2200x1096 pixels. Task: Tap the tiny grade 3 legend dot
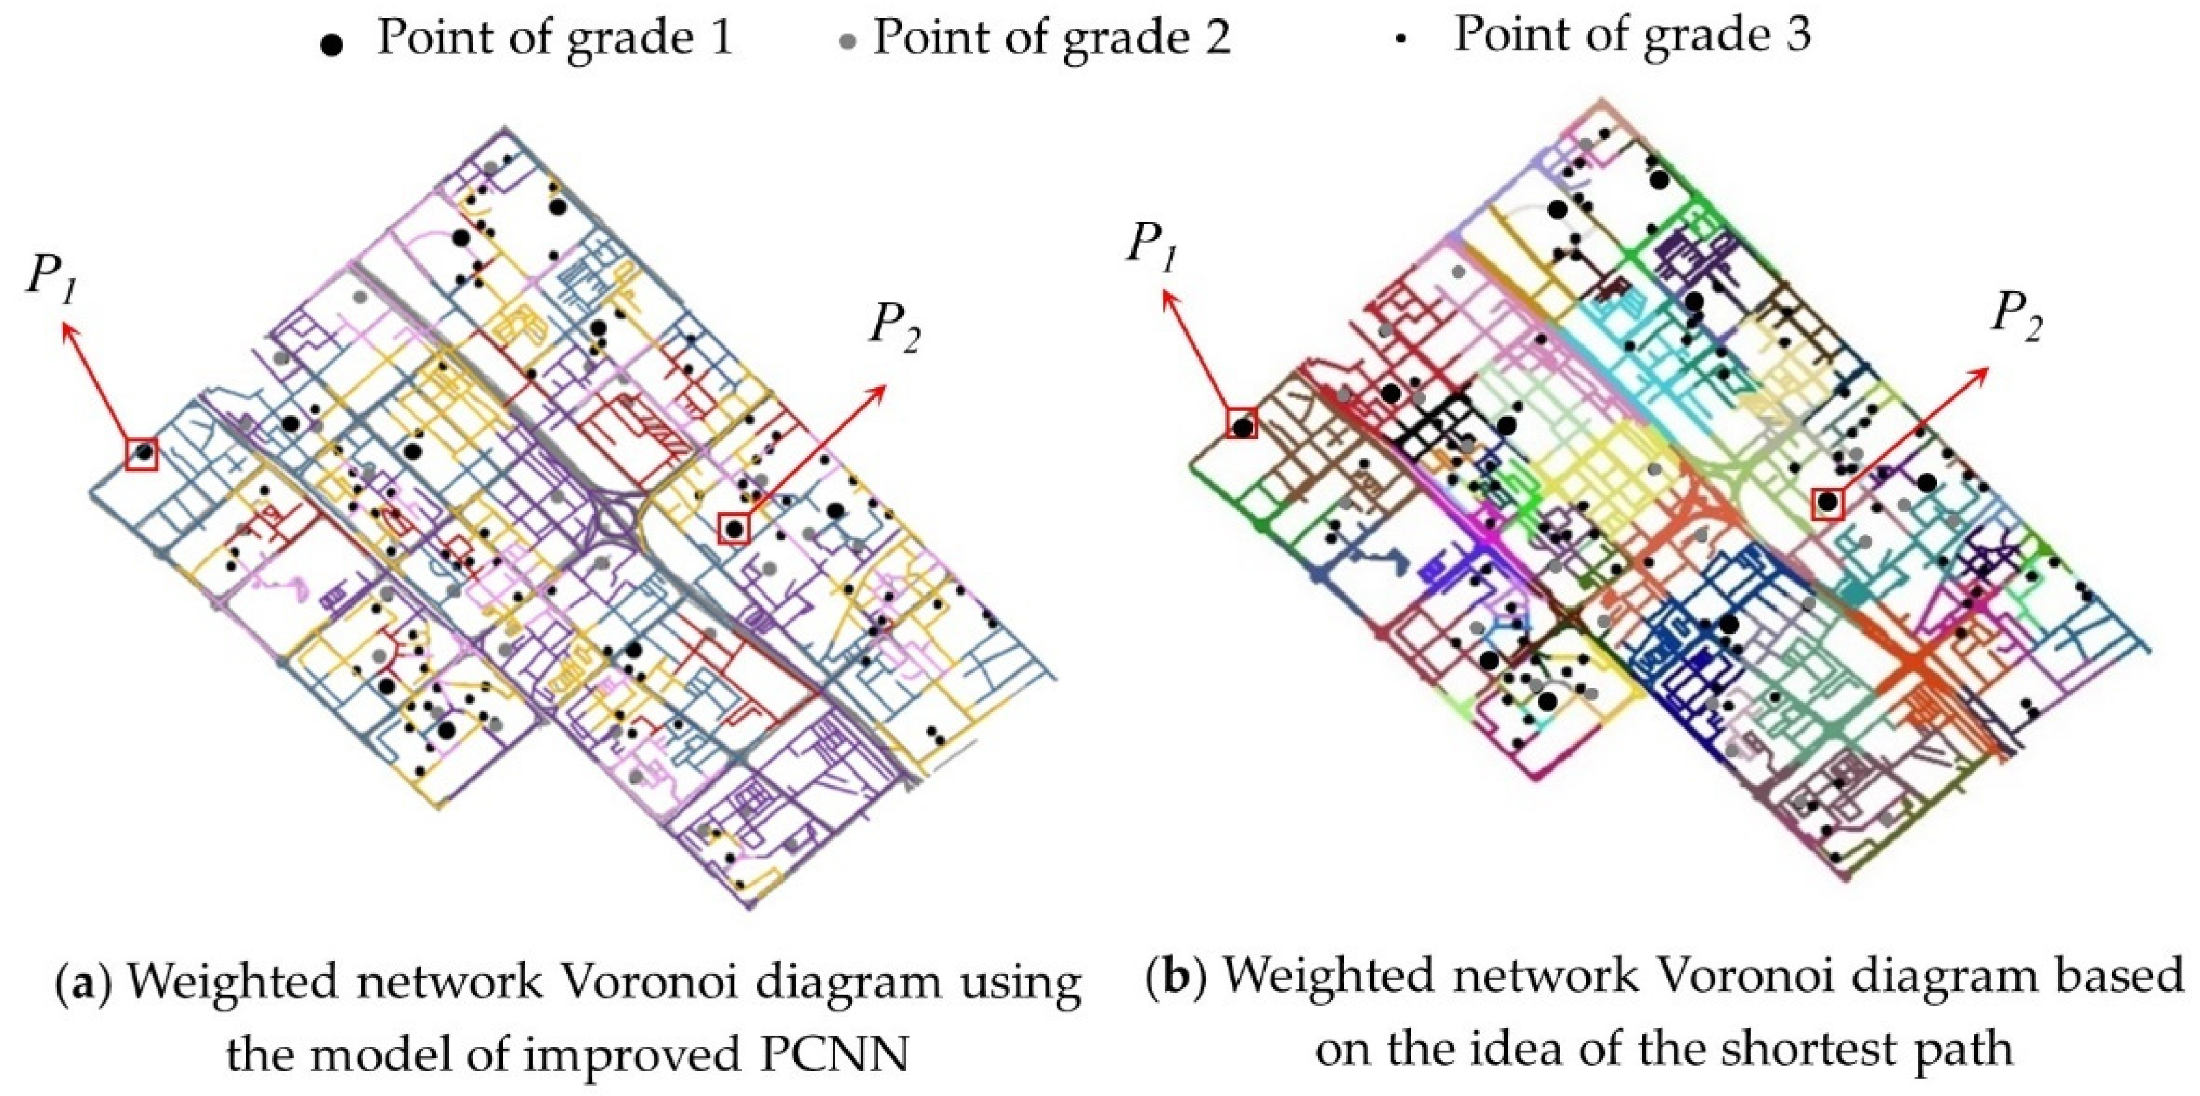click(1400, 40)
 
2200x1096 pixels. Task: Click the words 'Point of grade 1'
click(555, 38)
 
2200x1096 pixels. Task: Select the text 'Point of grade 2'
click(1051, 38)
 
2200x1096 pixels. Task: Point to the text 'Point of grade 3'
click(1632, 35)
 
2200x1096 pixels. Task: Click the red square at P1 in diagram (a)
click(142, 453)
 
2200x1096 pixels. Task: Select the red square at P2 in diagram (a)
click(733, 528)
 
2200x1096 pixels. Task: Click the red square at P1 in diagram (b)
click(1242, 423)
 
